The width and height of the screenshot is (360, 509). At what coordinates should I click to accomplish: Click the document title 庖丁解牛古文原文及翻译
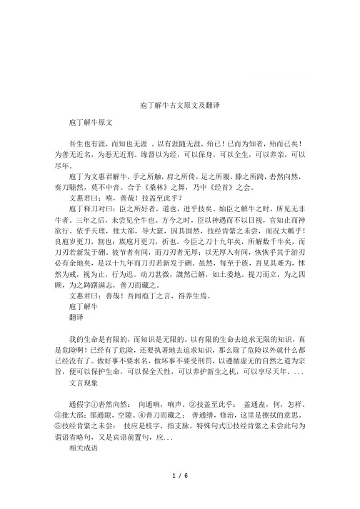[180, 105]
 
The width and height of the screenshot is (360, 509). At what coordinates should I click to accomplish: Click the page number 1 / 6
[180, 494]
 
